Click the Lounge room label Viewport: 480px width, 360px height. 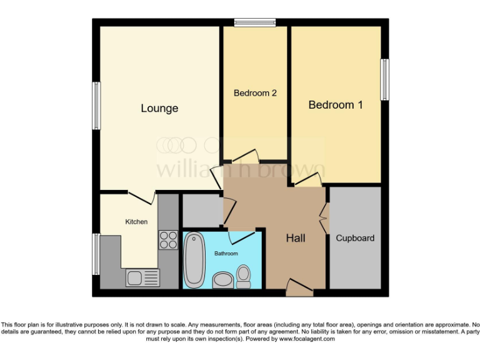click(x=159, y=109)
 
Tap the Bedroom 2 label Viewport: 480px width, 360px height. click(x=255, y=93)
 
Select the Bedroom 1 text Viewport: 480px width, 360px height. click(x=336, y=105)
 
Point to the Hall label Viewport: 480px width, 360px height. click(x=296, y=238)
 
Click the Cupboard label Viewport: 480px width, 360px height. click(x=355, y=238)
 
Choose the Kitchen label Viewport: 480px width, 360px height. click(x=136, y=222)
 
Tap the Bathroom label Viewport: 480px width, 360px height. click(x=226, y=254)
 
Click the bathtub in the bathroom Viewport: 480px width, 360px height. click(x=194, y=259)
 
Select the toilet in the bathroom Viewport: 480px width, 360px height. click(x=243, y=276)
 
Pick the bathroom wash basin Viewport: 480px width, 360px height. click(x=222, y=280)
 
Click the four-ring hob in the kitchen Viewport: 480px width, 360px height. click(x=168, y=240)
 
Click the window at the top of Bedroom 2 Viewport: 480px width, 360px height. click(x=255, y=23)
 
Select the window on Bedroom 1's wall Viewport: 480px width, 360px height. click(x=385, y=79)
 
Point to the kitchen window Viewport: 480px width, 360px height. click(x=97, y=254)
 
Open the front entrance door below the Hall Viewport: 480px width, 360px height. click(x=299, y=288)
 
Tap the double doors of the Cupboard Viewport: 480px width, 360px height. click(x=323, y=218)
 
